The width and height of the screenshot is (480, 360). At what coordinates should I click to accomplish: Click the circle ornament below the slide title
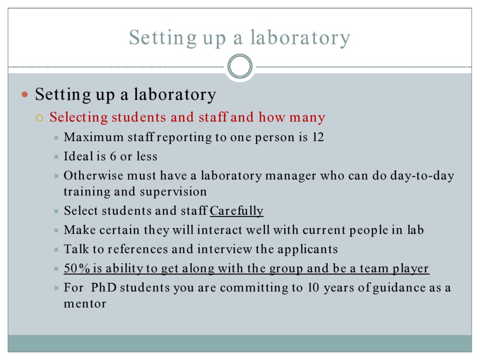240,55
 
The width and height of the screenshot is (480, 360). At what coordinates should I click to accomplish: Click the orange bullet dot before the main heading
25,95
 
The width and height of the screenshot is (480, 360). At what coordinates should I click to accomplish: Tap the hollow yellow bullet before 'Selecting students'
39,118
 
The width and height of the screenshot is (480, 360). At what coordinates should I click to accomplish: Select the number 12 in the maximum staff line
318,137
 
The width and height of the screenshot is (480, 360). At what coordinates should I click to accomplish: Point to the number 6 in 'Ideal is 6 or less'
113,157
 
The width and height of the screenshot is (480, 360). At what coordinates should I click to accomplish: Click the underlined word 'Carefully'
236,210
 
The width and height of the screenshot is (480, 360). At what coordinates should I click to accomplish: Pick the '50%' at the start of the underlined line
77,268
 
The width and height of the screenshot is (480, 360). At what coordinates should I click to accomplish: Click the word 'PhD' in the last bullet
104,287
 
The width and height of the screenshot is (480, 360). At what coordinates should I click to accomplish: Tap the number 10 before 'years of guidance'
313,287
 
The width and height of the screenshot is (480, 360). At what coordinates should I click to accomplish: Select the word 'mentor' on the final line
85,304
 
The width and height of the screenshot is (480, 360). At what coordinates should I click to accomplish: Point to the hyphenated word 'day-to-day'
413,176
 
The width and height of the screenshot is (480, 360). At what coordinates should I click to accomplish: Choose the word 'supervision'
173,192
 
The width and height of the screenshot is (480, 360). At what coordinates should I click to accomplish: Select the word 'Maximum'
94,137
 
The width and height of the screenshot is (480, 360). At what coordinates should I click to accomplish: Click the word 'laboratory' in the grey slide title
300,38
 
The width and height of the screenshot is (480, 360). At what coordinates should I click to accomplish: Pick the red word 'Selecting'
79,118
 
